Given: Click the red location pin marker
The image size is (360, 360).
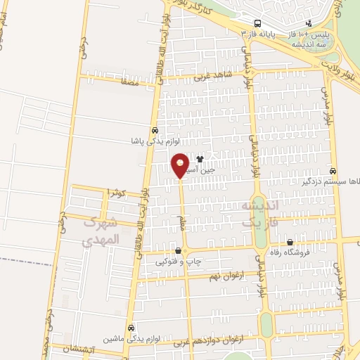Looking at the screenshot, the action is pos(181,165).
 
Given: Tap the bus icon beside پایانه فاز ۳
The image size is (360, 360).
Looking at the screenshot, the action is pos(257,23).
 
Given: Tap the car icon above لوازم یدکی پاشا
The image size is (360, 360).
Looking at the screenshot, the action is pos(154,130).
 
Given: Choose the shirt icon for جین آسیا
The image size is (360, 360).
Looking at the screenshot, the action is pos(200,159).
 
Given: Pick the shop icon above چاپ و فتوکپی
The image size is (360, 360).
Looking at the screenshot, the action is pos(178,250).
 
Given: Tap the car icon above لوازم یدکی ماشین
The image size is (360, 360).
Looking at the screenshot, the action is pos(131,328).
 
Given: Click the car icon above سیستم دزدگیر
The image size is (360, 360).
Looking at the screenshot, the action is pos(333,170).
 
